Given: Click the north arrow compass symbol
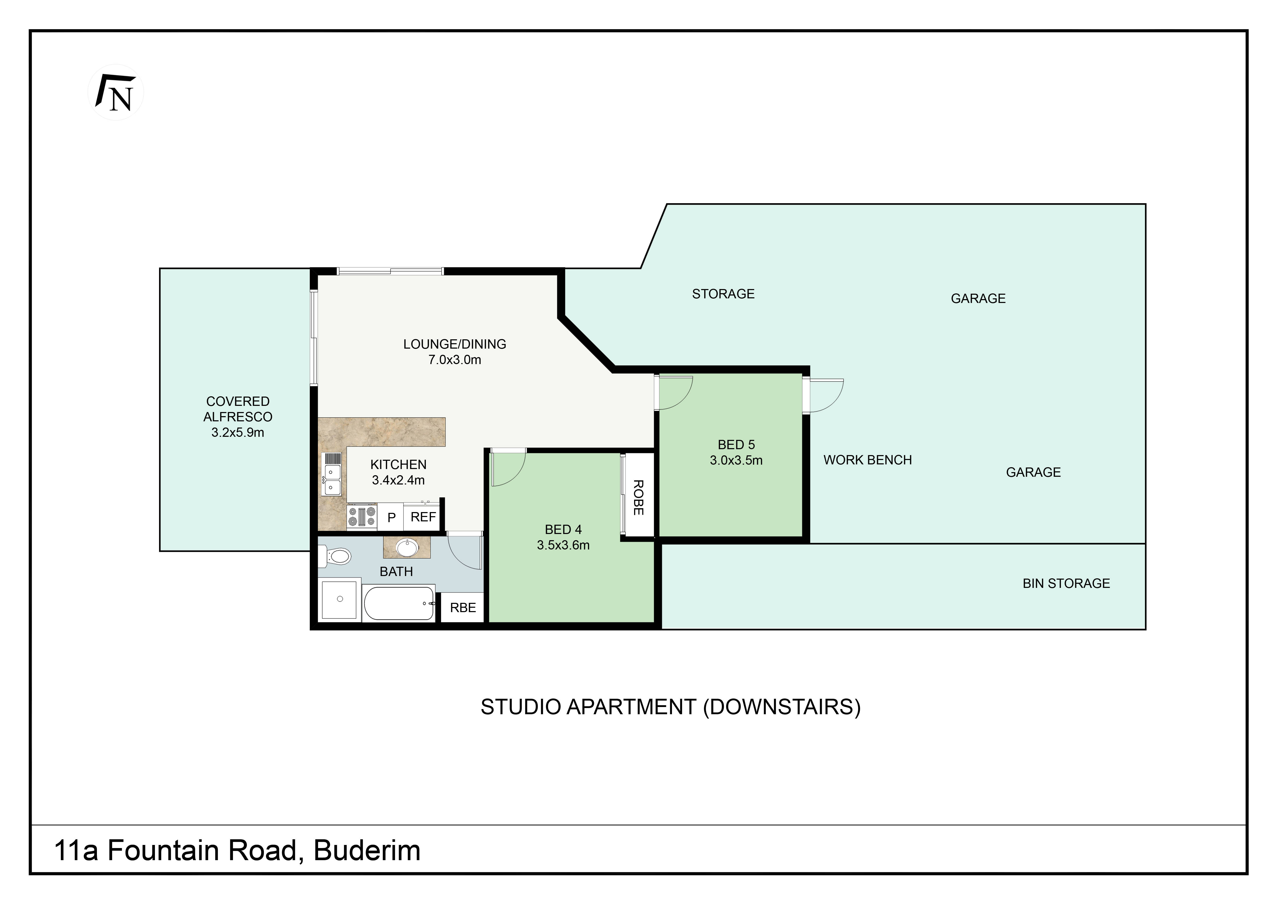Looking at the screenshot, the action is point(116,92).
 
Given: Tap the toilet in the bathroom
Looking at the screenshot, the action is point(335,556).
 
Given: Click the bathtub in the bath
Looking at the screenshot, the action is point(399,604).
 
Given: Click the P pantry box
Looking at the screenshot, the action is point(391,517).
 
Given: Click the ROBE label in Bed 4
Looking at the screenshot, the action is point(638,497).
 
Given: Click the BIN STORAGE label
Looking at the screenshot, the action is point(1066,583).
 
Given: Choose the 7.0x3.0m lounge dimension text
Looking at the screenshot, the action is point(455,360).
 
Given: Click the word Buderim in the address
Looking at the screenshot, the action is point(367,851).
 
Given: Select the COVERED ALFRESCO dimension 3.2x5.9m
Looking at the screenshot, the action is point(238,432).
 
